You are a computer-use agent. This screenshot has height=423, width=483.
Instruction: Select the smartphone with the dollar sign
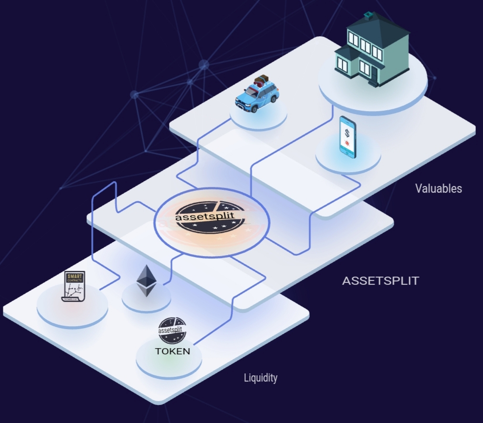tap(347, 137)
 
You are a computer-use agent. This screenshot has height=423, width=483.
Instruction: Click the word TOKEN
tap(172, 351)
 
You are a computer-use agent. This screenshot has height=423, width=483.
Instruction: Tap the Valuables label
tap(438, 188)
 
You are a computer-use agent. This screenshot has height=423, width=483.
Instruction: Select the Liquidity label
tap(260, 378)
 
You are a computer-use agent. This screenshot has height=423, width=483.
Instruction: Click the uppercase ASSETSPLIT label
tap(380, 281)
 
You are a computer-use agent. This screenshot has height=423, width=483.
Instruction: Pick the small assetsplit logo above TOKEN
tap(172, 330)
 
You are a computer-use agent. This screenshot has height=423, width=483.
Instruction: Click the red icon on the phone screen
tap(348, 143)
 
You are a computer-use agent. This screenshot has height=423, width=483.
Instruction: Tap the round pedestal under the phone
tap(348, 160)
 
